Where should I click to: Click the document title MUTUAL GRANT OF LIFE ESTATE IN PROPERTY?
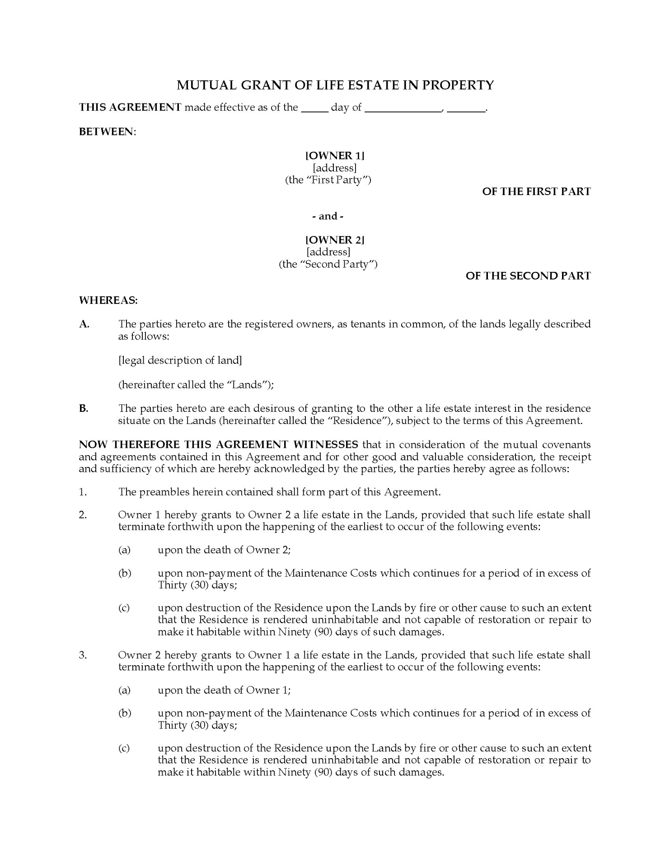[335, 85]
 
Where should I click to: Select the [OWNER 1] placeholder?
[335, 156]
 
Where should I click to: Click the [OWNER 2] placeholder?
[335, 240]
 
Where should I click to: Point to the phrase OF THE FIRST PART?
[536, 191]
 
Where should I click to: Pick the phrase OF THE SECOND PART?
[528, 276]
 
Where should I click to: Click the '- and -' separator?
[328, 216]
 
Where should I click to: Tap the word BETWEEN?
[107, 132]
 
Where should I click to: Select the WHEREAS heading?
[108, 300]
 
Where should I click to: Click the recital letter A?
[84, 324]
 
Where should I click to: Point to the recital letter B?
[84, 409]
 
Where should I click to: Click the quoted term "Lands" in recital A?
[247, 385]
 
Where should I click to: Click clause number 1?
[82, 492]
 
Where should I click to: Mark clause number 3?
[83, 655]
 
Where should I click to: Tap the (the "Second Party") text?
[328, 264]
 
